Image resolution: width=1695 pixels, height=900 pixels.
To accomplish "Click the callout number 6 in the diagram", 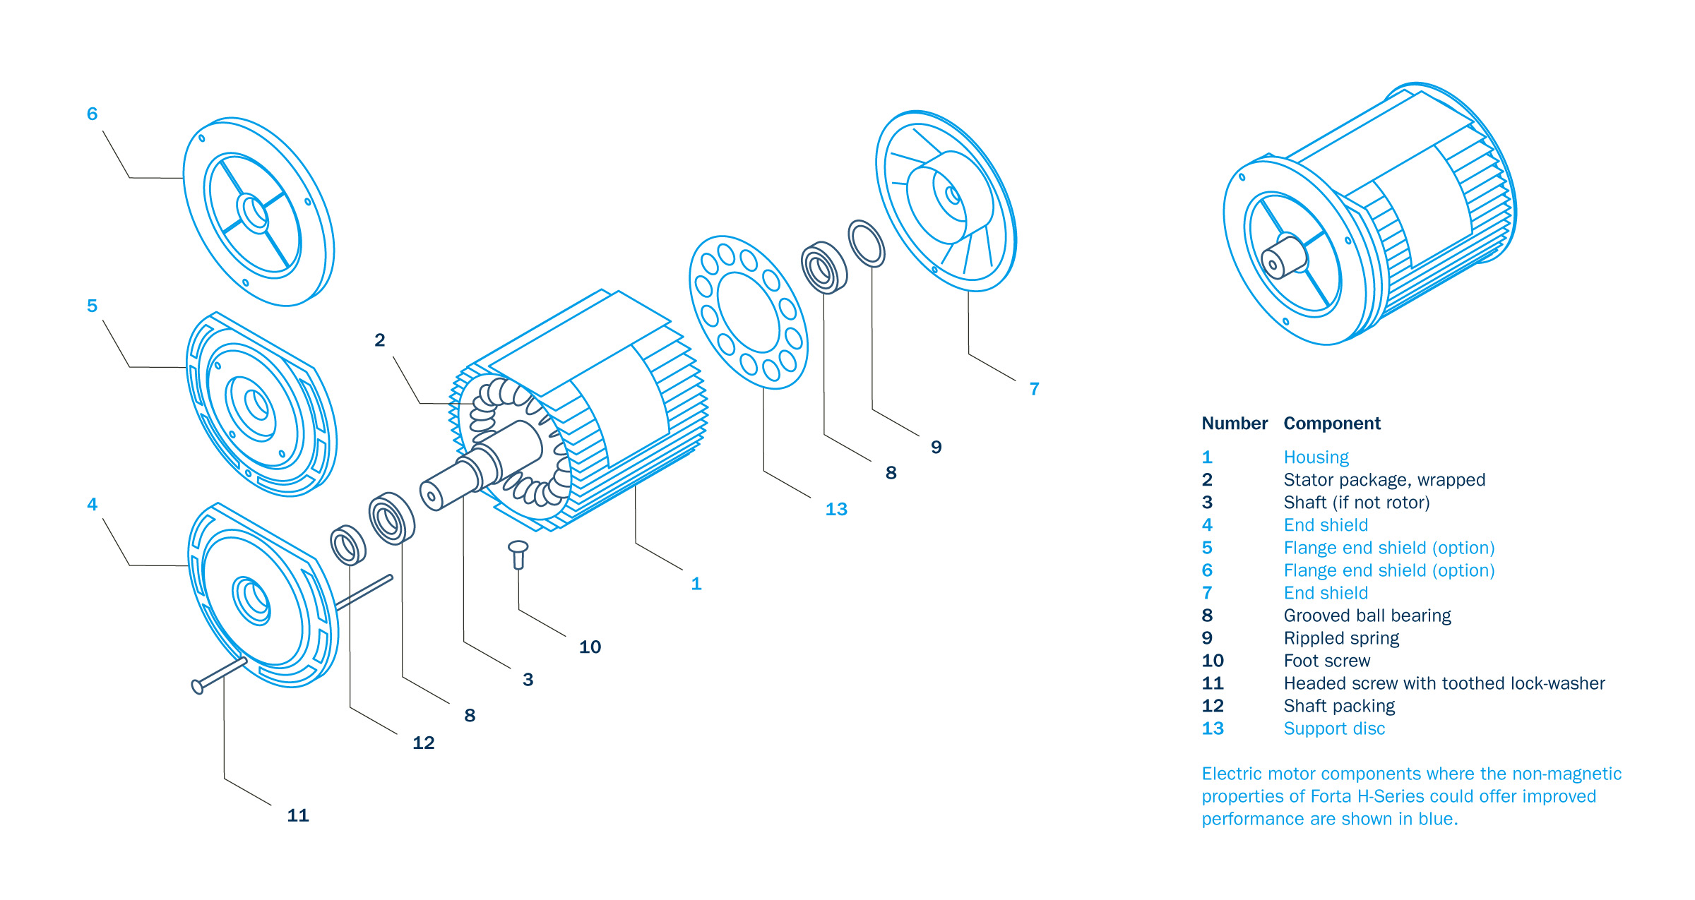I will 92,114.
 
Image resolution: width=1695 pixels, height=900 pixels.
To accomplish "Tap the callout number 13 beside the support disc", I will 836,509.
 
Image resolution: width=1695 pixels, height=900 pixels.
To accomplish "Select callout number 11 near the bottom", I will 298,815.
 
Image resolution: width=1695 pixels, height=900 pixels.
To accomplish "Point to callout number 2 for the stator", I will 380,340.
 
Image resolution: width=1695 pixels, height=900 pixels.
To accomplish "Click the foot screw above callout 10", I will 518,553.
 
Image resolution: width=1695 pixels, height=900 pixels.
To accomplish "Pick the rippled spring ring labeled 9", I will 867,244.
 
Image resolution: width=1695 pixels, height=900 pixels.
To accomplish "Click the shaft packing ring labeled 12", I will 348,545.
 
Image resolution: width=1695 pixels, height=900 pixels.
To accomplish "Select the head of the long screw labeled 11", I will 197,686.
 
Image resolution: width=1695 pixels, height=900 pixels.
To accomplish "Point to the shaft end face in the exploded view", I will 431,496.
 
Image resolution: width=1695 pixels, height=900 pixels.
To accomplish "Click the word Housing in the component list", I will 1316,457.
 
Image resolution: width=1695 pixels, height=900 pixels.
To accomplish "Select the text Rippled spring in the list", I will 1340,638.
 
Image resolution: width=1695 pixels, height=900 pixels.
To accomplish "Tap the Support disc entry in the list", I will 1333,728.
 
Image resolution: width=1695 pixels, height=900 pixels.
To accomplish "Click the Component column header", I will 1331,424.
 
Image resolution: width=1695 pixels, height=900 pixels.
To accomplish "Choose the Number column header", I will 1234,424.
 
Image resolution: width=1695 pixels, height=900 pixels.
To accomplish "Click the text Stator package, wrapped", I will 1384,480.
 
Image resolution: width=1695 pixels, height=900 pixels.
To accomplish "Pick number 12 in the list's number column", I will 1213,706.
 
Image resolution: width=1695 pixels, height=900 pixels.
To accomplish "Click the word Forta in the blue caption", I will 1331,796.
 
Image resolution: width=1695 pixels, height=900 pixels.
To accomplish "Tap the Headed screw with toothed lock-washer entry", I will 1444,683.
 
